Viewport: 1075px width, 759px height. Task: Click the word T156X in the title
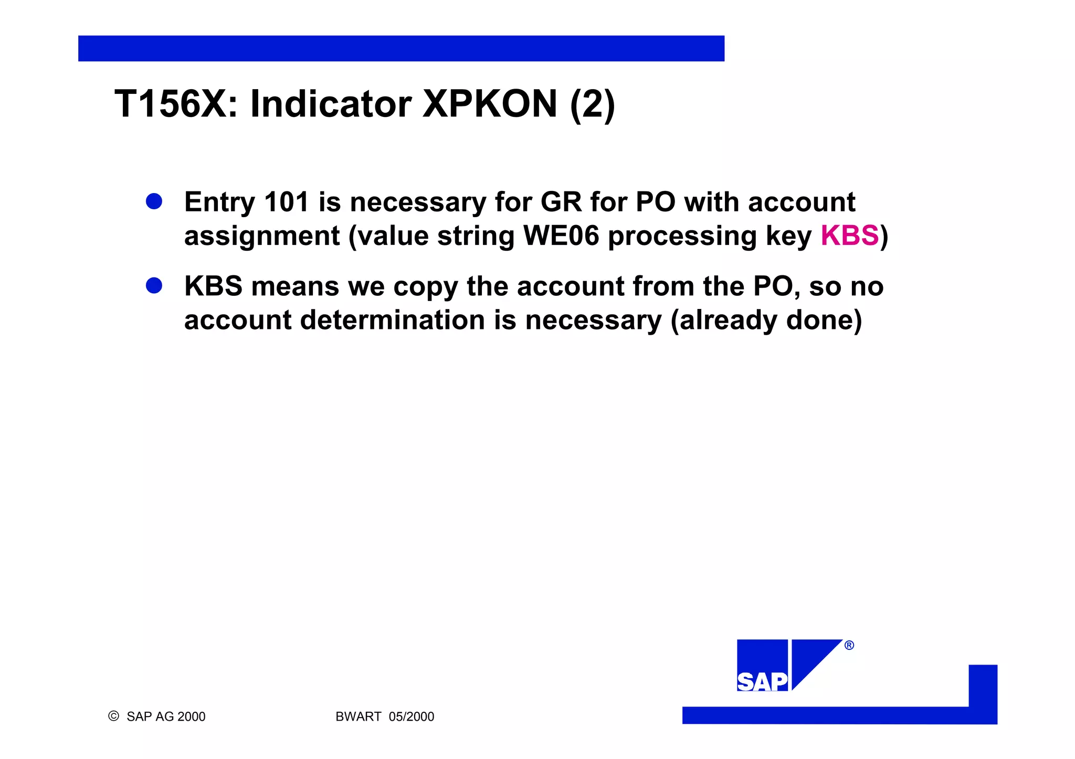pos(171,104)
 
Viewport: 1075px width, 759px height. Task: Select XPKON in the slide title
pos(490,104)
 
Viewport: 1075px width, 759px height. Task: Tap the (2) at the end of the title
pos(592,105)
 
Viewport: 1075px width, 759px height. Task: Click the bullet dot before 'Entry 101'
pos(154,201)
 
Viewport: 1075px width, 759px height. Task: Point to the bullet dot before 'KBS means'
pos(154,286)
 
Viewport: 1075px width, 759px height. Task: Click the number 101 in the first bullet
pos(287,202)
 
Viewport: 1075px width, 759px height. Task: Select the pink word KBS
pos(849,236)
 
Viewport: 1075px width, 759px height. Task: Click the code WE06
pos(561,236)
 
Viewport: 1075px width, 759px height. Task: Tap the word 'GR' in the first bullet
pos(561,202)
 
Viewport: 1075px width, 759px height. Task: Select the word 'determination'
pos(392,320)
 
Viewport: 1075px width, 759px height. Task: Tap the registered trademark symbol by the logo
pos(849,645)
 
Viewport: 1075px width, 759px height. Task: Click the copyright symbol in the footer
pos(113,716)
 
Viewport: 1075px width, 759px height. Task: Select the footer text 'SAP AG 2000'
pos(166,717)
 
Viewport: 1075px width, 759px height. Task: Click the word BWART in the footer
pos(358,717)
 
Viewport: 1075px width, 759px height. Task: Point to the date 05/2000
pos(412,717)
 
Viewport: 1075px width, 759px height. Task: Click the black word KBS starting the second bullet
pos(213,286)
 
